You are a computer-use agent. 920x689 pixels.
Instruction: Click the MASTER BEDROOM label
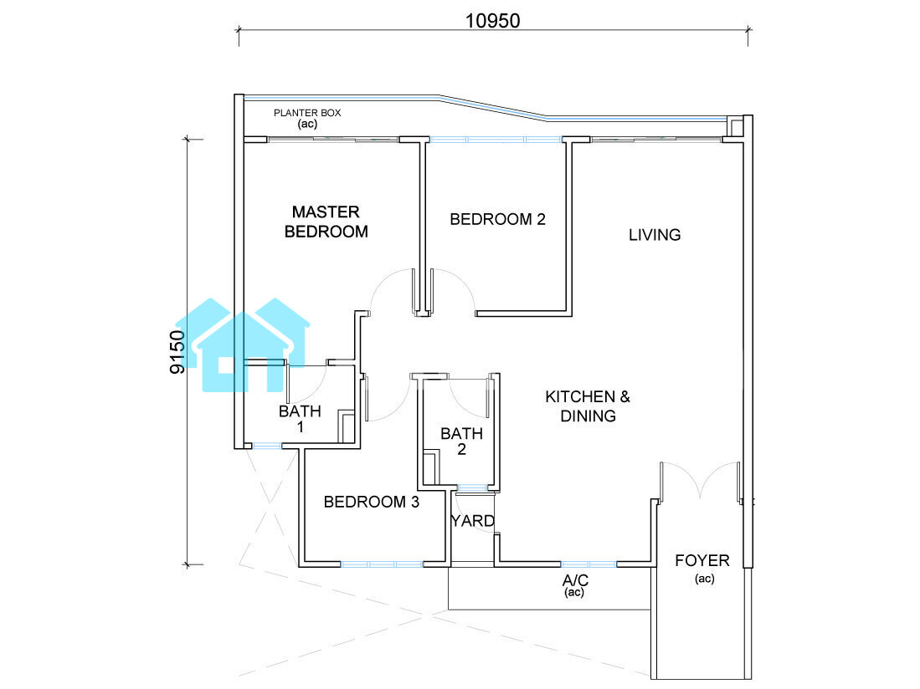coord(326,222)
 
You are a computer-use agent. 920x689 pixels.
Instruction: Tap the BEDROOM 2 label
coord(497,219)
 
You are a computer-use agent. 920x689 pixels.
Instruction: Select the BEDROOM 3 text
coord(372,502)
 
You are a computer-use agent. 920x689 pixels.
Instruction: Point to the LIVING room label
coord(655,235)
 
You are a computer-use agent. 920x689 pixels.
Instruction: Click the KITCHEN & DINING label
coord(588,406)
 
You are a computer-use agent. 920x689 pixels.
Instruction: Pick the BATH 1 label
coord(300,419)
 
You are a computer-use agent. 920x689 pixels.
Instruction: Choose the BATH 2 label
coord(462,441)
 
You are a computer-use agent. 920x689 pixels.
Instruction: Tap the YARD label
coord(473,521)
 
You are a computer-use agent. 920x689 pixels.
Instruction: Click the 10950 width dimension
coord(493,21)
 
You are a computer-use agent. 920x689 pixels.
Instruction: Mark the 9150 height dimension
coord(177,352)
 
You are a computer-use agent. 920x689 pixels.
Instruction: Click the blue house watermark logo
coord(242,345)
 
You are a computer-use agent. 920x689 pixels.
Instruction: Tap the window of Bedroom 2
coord(496,140)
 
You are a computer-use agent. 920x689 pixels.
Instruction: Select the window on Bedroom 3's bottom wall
coord(382,564)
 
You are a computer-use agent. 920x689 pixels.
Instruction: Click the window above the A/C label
coord(588,564)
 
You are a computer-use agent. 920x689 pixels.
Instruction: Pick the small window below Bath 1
coord(267,446)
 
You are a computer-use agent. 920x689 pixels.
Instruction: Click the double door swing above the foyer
coord(700,482)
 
